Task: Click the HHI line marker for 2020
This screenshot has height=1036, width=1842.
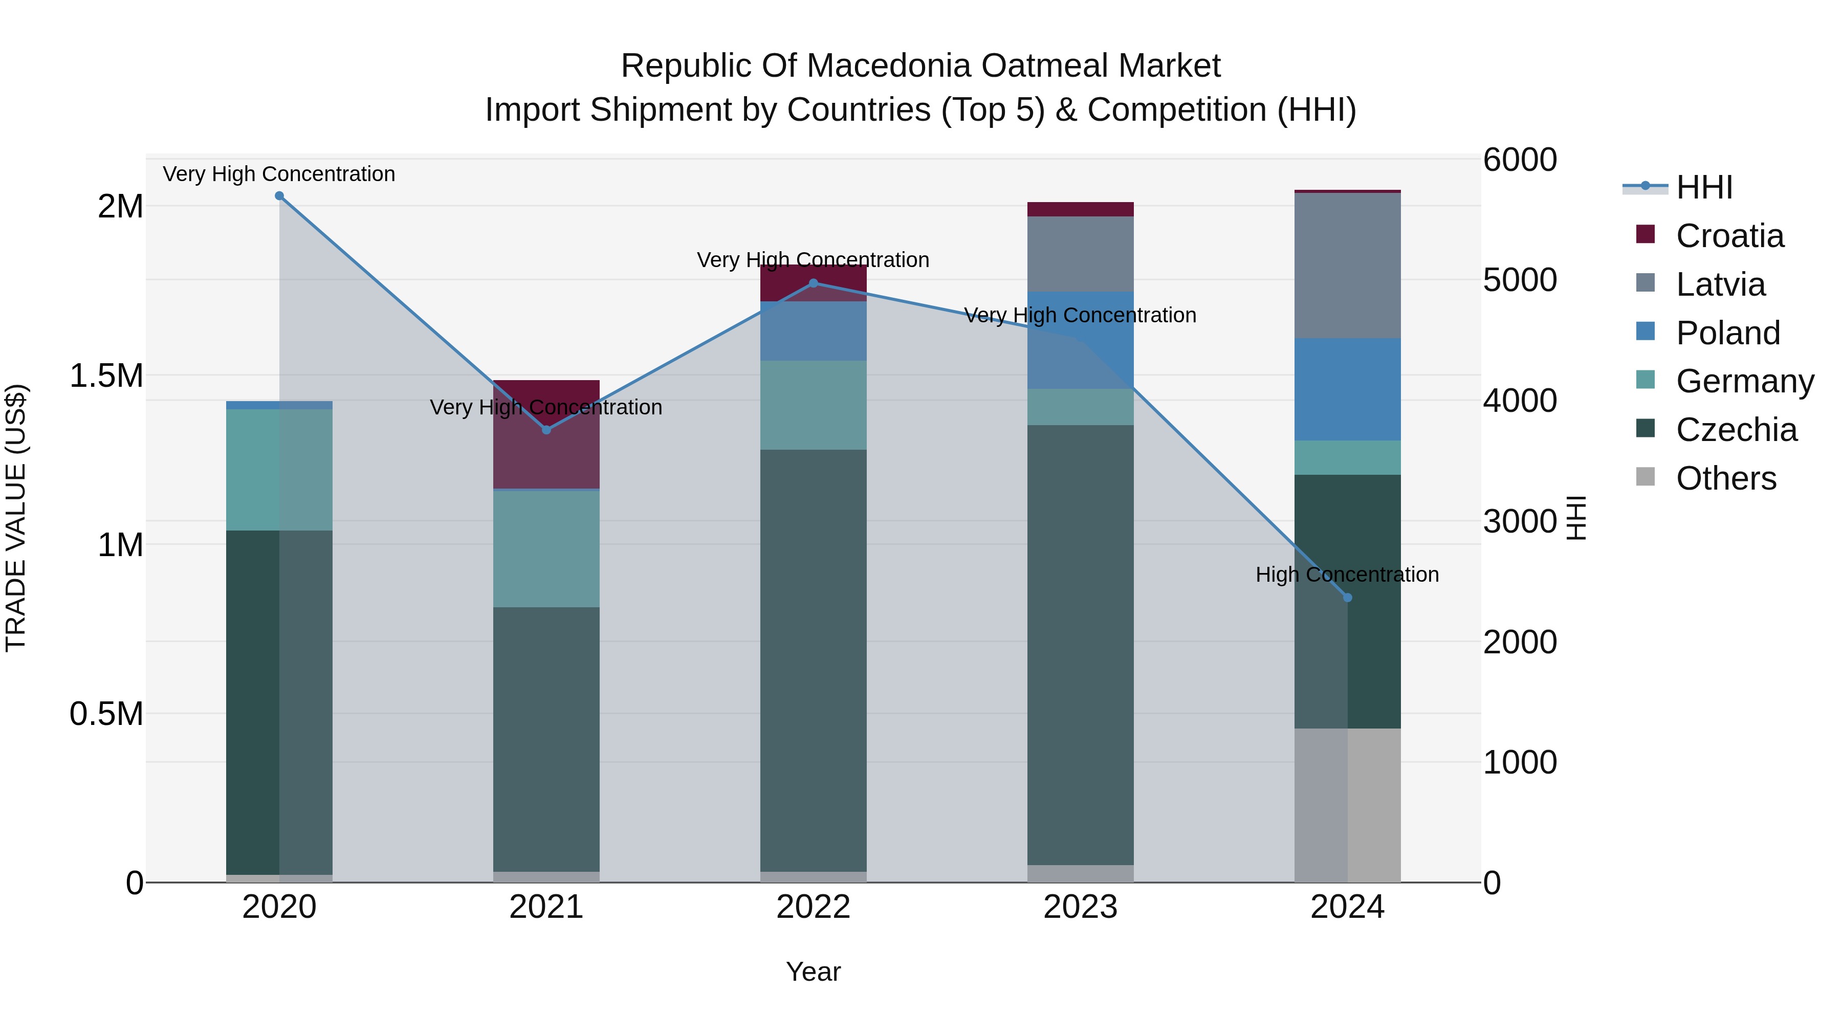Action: click(279, 196)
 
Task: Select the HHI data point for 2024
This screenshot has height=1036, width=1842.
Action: click(1348, 598)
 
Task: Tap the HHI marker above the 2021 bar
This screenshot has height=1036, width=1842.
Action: click(546, 430)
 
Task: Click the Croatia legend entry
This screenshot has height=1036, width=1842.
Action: click(1729, 236)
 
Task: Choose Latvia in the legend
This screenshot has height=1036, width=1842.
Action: click(1720, 284)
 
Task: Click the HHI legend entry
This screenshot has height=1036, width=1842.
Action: click(1704, 187)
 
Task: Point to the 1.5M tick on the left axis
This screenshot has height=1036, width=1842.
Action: click(106, 376)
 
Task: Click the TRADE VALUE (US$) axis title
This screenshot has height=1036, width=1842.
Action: click(16, 518)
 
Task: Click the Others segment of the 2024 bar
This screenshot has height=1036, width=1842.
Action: click(1348, 805)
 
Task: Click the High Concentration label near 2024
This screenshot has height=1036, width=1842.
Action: click(1347, 575)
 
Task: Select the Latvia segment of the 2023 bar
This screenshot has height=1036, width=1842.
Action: click(1081, 254)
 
